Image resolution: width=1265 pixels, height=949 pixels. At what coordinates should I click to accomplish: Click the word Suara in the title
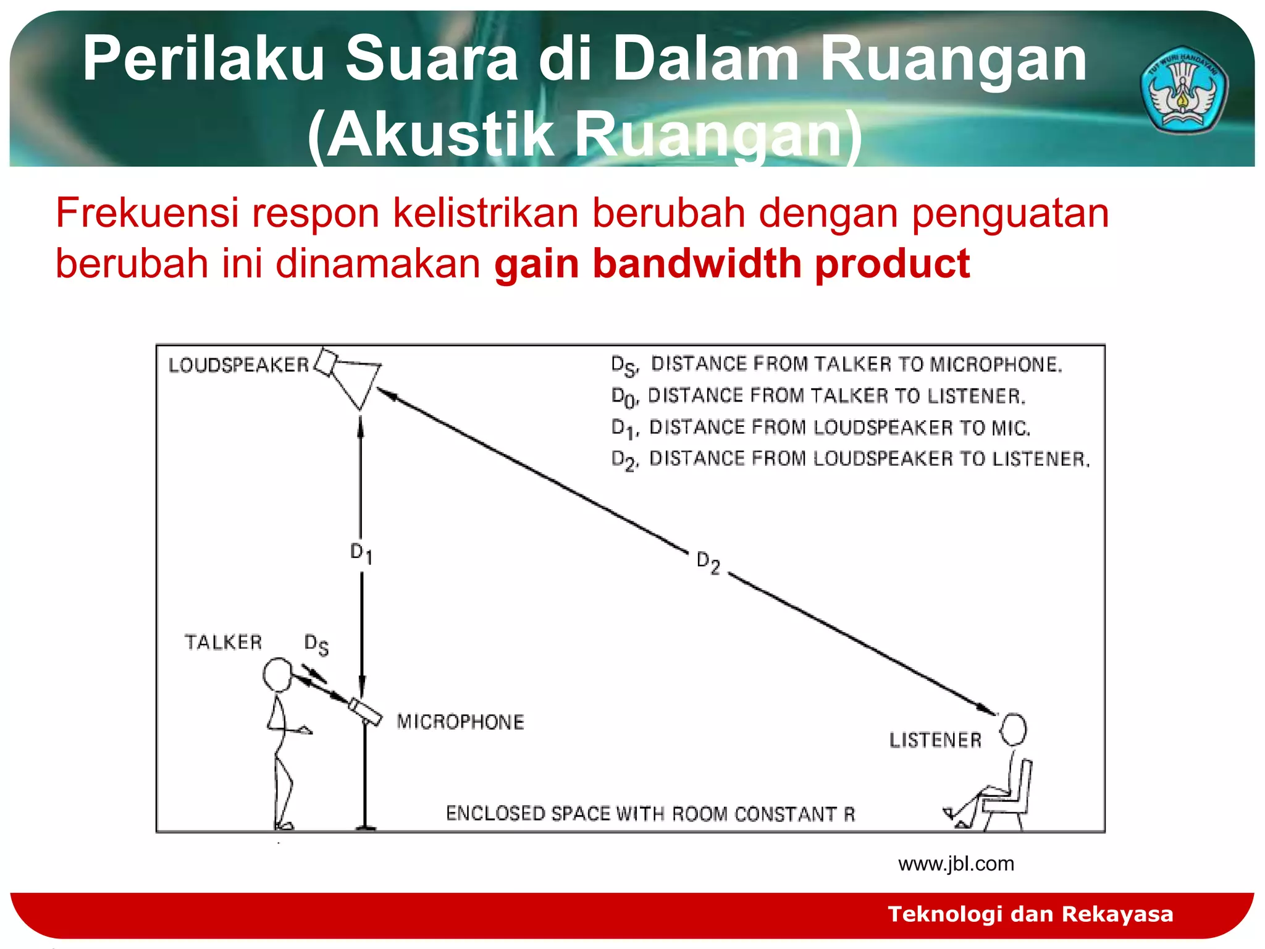pyautogui.click(x=431, y=59)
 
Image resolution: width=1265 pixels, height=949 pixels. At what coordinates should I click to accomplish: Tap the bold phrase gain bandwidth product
pyautogui.click(x=732, y=264)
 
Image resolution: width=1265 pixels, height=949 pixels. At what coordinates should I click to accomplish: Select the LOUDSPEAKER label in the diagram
pyautogui.click(x=238, y=365)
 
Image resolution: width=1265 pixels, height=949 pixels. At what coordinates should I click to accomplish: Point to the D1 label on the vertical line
pyautogui.click(x=361, y=553)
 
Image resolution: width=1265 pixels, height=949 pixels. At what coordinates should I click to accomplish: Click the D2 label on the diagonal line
pyautogui.click(x=708, y=563)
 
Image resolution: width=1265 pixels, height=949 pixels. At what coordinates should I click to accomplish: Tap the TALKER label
pyautogui.click(x=224, y=643)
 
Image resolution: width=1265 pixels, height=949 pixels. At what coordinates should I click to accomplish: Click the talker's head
pyautogui.click(x=277, y=675)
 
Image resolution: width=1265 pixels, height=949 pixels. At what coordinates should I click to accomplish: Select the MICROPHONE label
pyautogui.click(x=460, y=722)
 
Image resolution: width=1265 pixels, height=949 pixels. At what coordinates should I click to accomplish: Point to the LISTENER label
pyautogui.click(x=935, y=740)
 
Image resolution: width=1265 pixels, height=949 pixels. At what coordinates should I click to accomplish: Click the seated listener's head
pyautogui.click(x=1014, y=730)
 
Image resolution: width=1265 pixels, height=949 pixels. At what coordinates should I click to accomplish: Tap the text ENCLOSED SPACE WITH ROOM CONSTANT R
pyautogui.click(x=650, y=814)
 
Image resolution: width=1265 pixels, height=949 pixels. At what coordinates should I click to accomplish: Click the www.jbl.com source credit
pyautogui.click(x=956, y=864)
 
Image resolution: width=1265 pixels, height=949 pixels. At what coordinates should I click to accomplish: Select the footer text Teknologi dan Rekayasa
pyautogui.click(x=1030, y=914)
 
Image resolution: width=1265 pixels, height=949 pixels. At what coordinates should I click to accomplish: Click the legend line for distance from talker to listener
pyautogui.click(x=818, y=396)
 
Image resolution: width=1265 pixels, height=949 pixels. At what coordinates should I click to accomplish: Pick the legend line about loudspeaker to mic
pyautogui.click(x=821, y=428)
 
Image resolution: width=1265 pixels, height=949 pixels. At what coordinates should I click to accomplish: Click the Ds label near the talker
pyautogui.click(x=316, y=644)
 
